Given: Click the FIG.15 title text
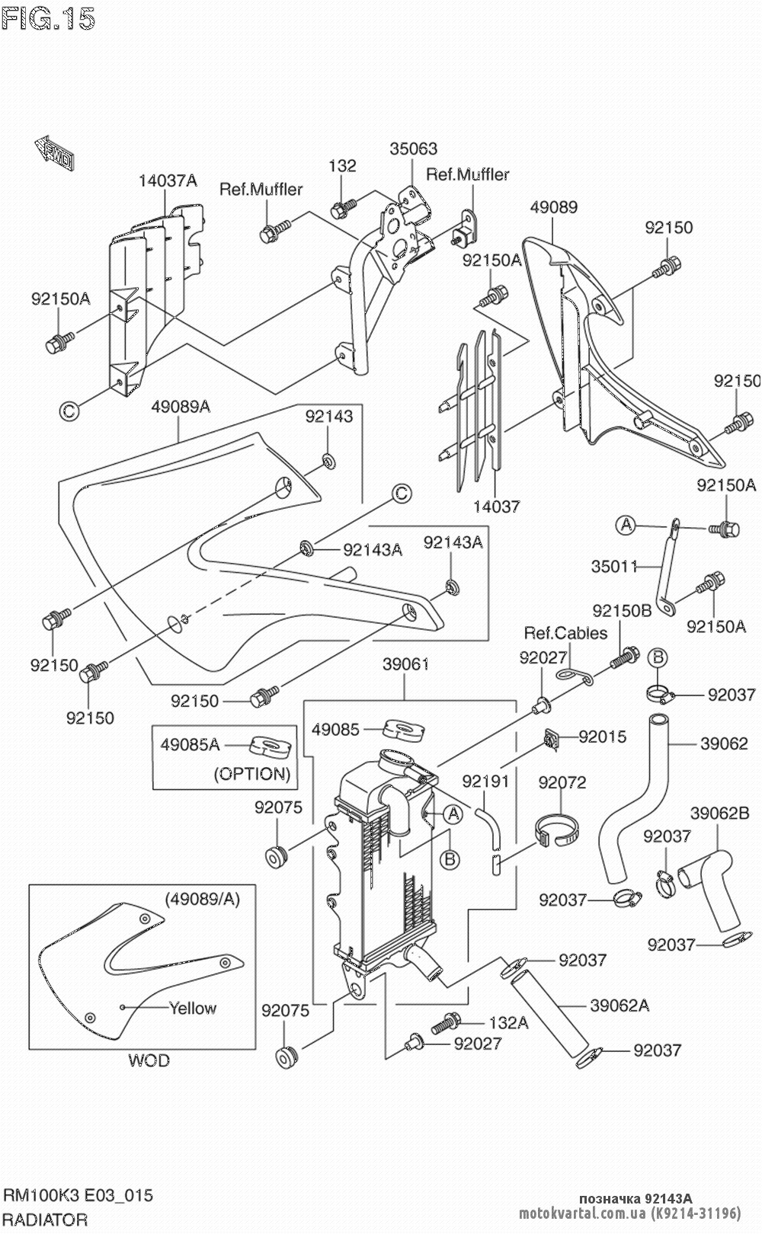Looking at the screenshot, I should tap(48, 19).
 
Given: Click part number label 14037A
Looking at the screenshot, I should tap(168, 181).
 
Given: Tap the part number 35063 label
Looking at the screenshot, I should tap(414, 149).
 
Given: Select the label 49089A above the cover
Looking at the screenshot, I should tap(181, 407).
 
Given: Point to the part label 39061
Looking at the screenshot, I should tap(405, 664).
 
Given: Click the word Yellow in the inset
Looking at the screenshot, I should tap(193, 1009).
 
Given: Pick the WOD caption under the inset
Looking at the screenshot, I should tap(149, 1060).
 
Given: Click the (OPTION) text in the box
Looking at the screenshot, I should tap(252, 774).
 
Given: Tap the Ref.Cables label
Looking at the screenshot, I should tap(565, 633).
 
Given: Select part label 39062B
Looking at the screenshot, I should tap(719, 814).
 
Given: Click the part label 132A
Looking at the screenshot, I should tap(508, 1023).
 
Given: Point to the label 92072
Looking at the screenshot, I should tap(562, 782).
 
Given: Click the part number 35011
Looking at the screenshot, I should tap(614, 567).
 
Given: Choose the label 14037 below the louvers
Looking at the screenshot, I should tap(496, 506).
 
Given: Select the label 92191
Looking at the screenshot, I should tap(486, 782).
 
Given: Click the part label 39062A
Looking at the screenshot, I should tap(620, 1006).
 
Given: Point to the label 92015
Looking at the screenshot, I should tap(603, 737).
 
